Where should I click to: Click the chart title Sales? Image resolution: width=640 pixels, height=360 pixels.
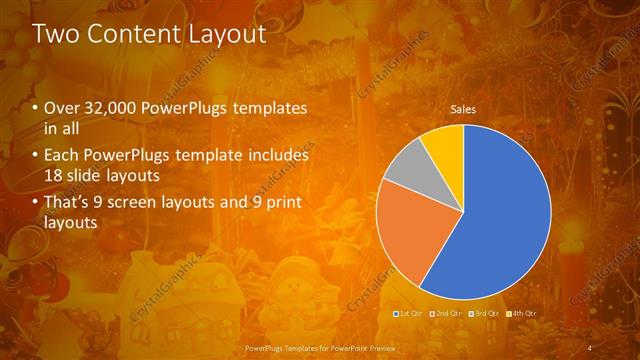coord(462,109)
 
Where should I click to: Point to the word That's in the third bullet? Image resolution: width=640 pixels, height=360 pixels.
coord(69,204)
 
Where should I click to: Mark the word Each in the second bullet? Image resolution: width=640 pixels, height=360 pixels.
coord(62,156)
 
